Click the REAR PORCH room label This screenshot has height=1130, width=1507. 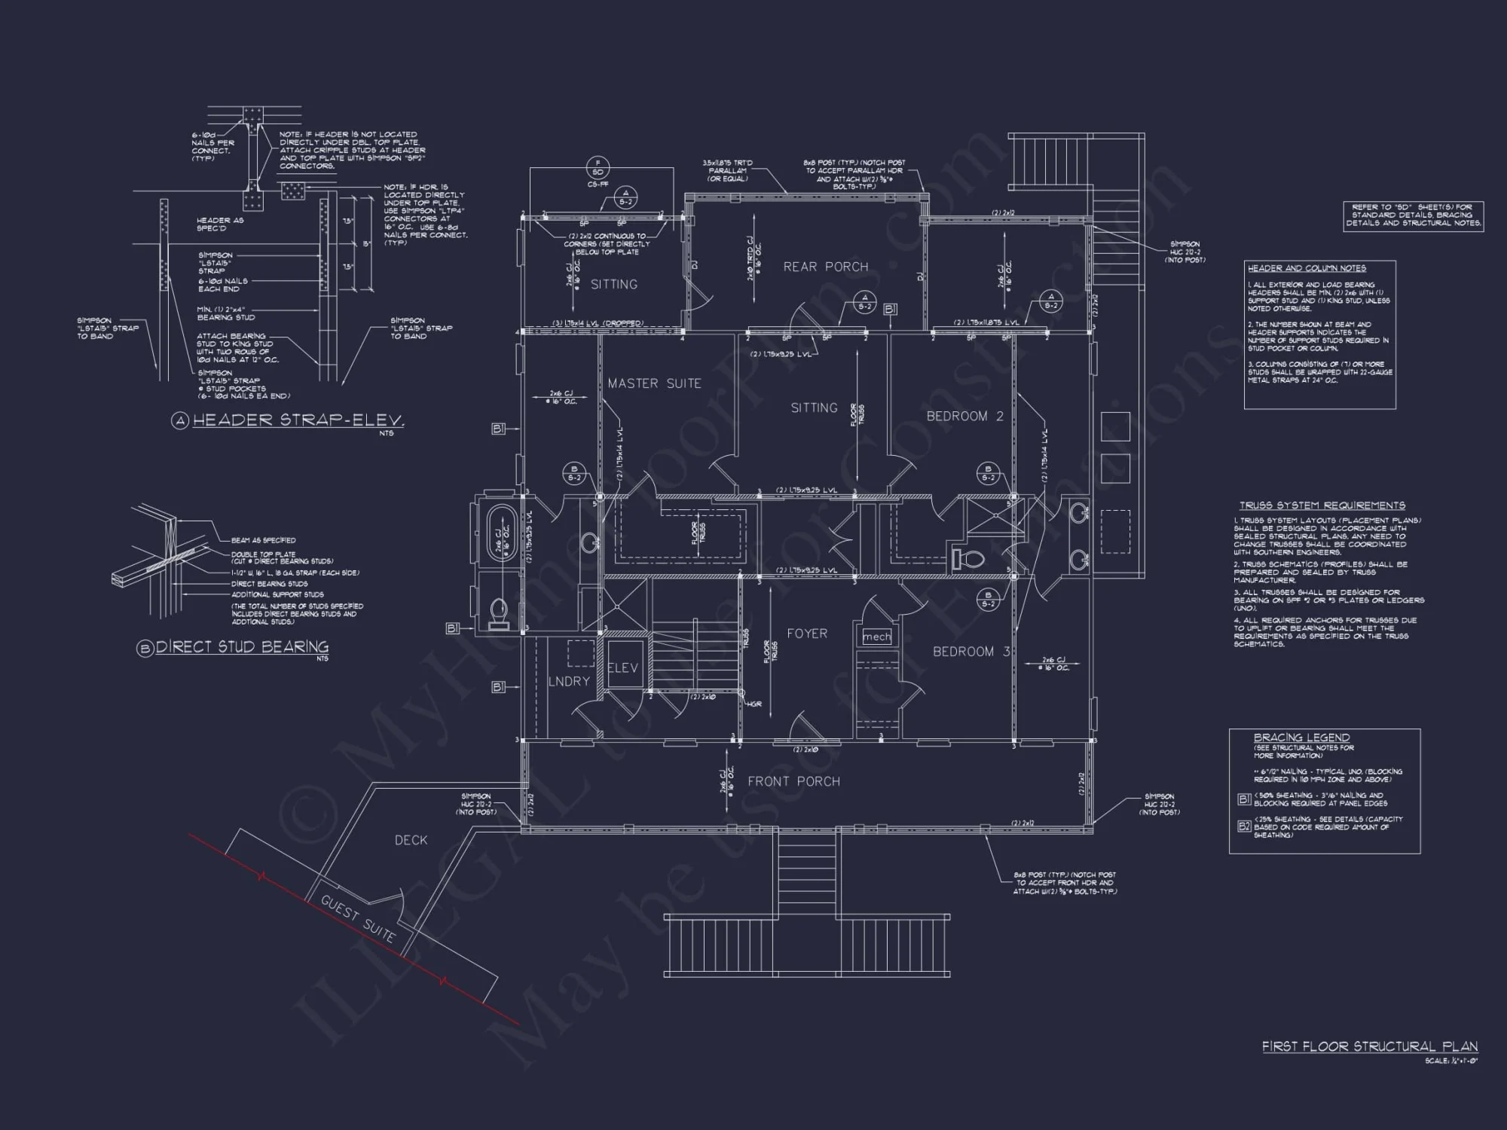[825, 267]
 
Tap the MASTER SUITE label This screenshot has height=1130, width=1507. [654, 383]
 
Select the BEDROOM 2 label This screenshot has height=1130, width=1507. [964, 416]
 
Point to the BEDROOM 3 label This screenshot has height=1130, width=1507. [971, 651]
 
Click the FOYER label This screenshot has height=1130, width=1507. [807, 634]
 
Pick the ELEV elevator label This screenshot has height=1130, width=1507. [622, 668]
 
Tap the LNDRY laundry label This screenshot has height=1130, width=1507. [569, 681]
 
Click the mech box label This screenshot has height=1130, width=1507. [876, 637]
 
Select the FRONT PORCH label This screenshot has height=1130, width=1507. [793, 781]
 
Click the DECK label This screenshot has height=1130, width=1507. [411, 840]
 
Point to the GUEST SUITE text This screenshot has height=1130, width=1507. [358, 919]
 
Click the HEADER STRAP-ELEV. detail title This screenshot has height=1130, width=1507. [298, 420]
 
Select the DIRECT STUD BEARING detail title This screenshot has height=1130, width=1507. [241, 647]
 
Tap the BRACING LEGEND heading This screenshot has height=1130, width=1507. [1301, 738]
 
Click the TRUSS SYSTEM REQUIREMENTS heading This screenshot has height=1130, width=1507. [1322, 505]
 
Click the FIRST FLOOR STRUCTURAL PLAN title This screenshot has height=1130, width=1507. [1369, 1046]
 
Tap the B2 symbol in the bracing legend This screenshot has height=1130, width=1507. [1244, 826]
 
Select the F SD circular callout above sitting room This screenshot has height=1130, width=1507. [598, 167]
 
